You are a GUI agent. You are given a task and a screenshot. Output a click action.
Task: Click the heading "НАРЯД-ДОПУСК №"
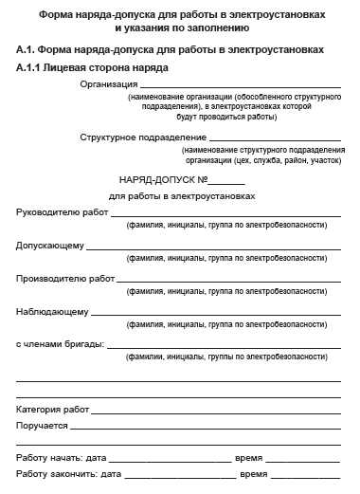161,179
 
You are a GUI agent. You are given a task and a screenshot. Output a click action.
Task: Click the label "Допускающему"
50,246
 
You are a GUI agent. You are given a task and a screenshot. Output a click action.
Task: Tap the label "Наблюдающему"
52,311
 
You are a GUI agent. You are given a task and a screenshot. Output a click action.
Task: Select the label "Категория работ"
53,410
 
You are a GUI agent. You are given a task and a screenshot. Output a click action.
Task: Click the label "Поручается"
43,426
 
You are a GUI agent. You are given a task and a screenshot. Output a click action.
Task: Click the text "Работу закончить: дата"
69,473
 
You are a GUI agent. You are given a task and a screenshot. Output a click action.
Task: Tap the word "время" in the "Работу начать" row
250,458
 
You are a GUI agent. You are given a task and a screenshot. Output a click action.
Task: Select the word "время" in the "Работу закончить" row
254,473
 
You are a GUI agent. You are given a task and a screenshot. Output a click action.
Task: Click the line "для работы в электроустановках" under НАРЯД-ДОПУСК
183,196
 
